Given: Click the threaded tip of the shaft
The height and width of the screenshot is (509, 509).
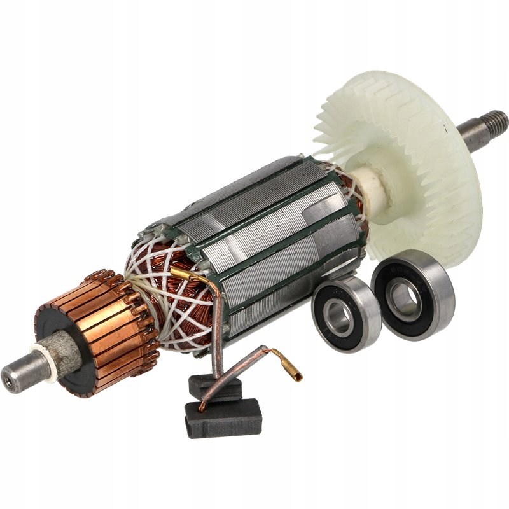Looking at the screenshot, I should click(x=496, y=120).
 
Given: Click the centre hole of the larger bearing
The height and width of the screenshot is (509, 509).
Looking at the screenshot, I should click(x=403, y=297).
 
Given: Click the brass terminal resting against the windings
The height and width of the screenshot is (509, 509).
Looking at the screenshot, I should click(x=180, y=274).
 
